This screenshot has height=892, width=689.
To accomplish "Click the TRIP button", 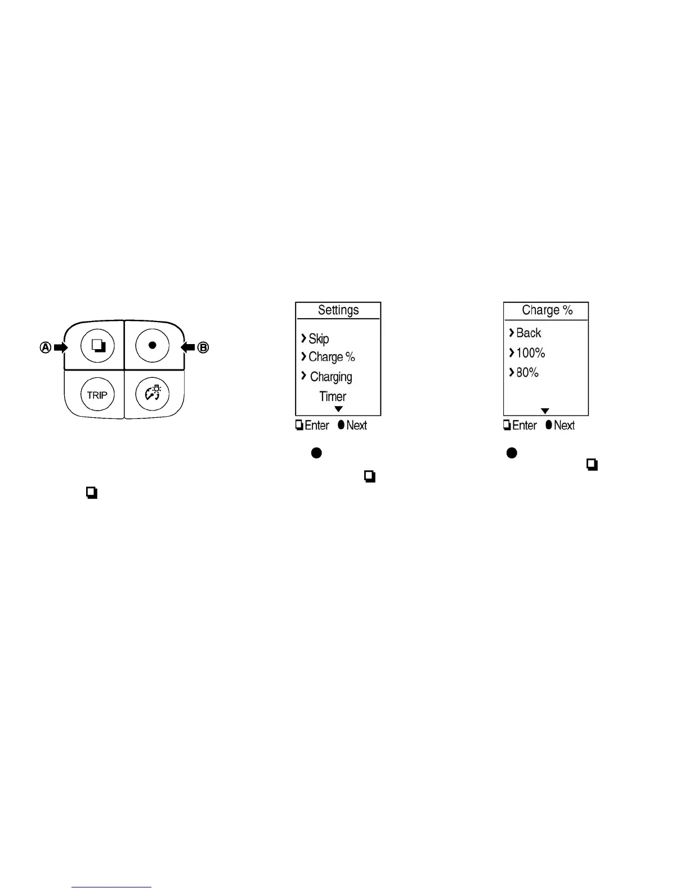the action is point(97,395).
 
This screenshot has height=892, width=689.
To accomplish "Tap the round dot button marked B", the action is point(152,345).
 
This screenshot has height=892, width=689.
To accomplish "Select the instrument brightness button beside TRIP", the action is point(152,394).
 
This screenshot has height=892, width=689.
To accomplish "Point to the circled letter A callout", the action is point(46,347).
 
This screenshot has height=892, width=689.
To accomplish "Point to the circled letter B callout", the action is point(203,347).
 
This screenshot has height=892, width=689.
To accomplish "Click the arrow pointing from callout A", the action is point(60,347).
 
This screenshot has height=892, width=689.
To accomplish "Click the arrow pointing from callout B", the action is point(188,347).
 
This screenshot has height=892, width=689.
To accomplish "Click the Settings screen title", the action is point(338,310).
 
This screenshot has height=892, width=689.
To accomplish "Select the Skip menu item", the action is point(319,338).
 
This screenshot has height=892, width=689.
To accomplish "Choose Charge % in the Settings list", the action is point(332,357).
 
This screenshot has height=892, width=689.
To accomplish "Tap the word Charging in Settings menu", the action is point(331,377).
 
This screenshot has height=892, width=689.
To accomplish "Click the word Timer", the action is point(333,396).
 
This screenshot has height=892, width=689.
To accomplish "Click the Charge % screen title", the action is point(547,310).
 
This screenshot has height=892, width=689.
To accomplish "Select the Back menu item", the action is point(529,333).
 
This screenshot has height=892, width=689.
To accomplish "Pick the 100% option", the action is point(531,353).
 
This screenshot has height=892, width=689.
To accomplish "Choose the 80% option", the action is point(527,372).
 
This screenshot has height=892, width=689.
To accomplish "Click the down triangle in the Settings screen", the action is point(338,409).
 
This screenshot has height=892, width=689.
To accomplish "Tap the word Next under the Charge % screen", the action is point(564,426).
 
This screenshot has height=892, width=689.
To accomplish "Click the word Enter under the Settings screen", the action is point(317,426).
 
